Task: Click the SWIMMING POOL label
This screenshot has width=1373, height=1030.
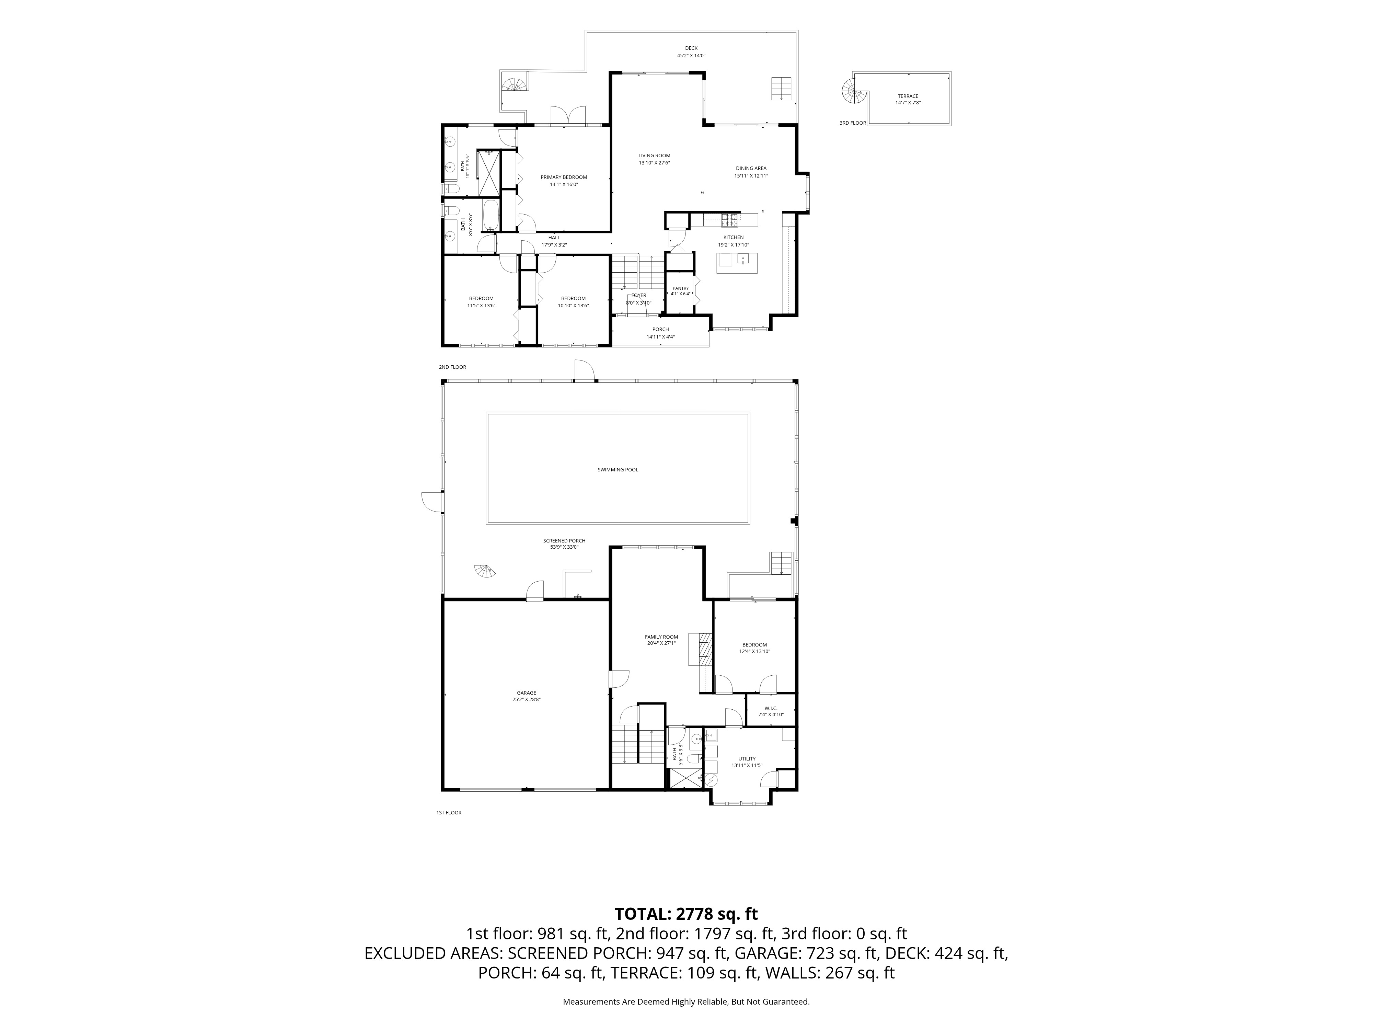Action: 618,470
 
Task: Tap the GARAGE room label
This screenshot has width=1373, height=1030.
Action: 526,693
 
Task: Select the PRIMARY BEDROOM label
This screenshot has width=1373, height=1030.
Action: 564,177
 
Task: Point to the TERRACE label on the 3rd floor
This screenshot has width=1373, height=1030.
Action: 908,96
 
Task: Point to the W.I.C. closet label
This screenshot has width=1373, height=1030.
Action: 771,708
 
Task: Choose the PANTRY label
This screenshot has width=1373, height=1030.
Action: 680,288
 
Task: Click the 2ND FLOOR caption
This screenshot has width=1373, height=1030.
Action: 452,367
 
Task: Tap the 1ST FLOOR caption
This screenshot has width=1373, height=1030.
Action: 449,813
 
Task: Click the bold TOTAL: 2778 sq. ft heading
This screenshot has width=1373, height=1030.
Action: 686,914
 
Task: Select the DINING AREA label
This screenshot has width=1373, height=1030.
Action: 751,168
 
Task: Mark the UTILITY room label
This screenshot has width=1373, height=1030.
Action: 747,759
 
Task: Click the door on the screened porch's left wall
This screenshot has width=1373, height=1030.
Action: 432,502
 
